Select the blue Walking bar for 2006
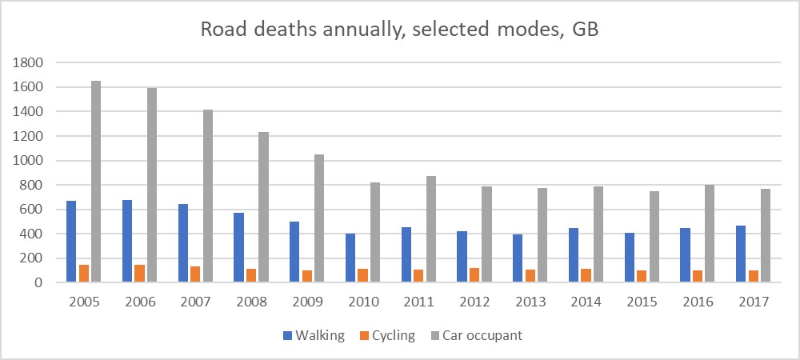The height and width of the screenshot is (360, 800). [127, 241]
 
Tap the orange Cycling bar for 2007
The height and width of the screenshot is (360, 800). [195, 274]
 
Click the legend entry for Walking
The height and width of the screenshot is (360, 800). [312, 335]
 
